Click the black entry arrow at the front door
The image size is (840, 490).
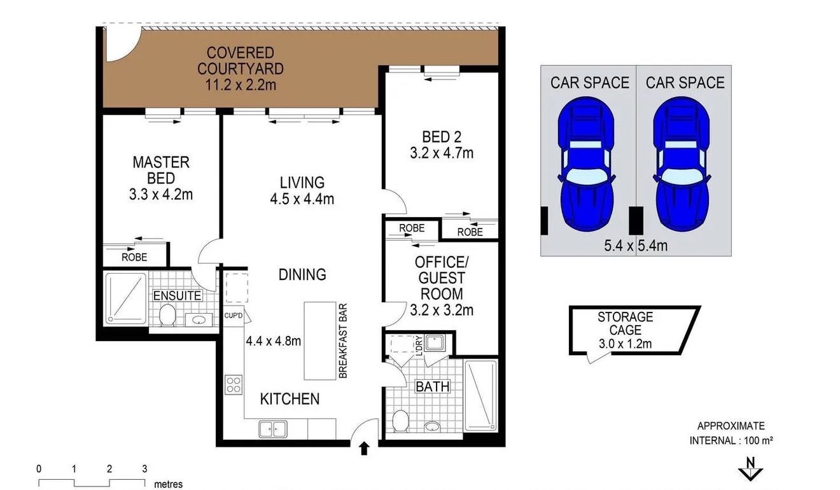click(x=364, y=449)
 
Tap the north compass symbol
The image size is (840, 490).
click(x=750, y=469)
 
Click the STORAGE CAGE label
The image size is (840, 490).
click(x=625, y=323)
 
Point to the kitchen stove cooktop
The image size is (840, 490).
click(x=233, y=384)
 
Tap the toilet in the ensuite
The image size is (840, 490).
click(x=167, y=316)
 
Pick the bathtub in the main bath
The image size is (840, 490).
click(x=480, y=396)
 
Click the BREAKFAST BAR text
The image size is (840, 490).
click(x=342, y=340)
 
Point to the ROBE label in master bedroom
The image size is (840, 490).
click(x=134, y=257)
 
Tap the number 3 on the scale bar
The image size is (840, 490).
click(x=144, y=468)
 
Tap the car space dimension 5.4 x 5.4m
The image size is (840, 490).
click(x=636, y=244)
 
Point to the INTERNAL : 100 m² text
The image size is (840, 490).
click(x=731, y=440)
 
